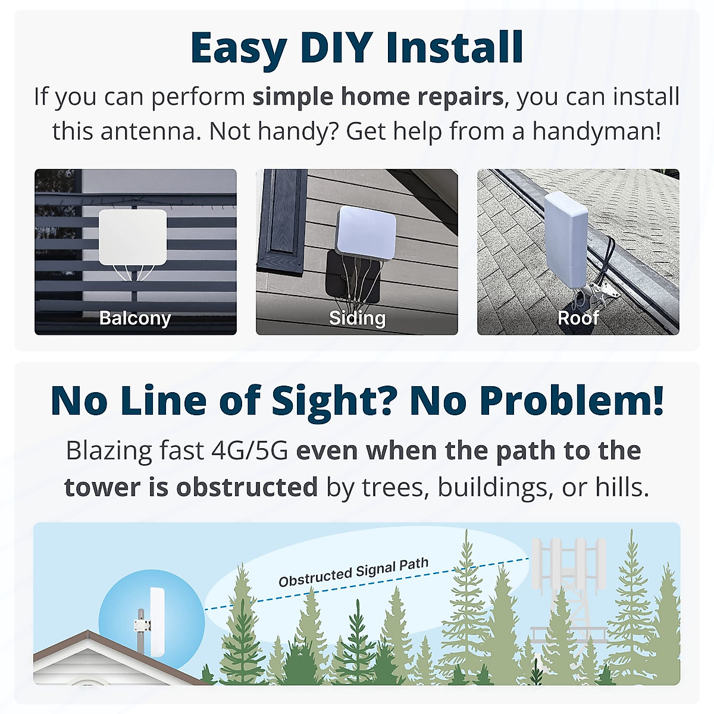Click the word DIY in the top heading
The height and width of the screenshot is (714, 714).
coord(337,48)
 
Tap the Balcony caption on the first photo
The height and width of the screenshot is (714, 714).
coord(135,318)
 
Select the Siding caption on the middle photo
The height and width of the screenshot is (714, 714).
coord(357,318)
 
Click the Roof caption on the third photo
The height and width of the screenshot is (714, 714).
coord(578,318)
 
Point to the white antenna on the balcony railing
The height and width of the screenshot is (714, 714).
coord(132,237)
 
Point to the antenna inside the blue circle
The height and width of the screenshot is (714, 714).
coord(157,622)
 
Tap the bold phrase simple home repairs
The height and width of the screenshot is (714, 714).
coord(378,96)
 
